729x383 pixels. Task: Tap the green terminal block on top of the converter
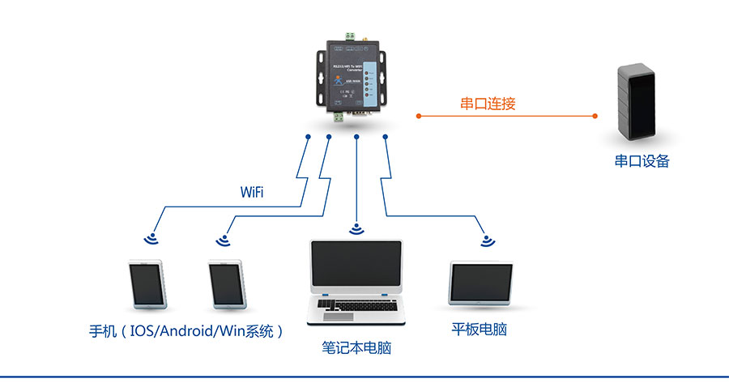pyautogui.click(x=352, y=36)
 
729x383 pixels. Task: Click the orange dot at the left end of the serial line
pyautogui.click(x=418, y=116)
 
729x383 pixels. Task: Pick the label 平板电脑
pyautogui.click(x=480, y=330)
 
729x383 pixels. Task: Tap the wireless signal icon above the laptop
pyautogui.click(x=356, y=229)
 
